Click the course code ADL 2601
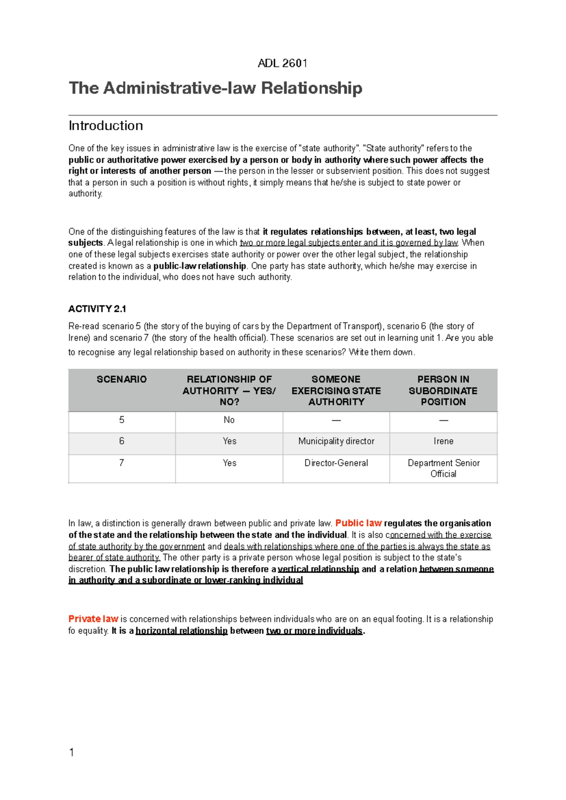[x=283, y=63]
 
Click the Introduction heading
[x=106, y=125]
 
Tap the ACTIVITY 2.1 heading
[x=97, y=309]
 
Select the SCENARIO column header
[x=122, y=379]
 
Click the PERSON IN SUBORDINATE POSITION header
[x=443, y=391]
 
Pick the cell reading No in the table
[x=229, y=420]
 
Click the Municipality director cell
[x=336, y=441]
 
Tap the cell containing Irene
[x=443, y=441]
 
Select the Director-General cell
[x=336, y=463]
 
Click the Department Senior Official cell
[x=443, y=468]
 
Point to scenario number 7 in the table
[x=122, y=463]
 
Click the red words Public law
[x=358, y=523]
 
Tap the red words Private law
[x=93, y=619]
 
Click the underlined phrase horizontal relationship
[x=182, y=631]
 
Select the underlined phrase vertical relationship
[x=318, y=569]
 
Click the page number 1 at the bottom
[x=72, y=752]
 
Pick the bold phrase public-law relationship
[x=200, y=266]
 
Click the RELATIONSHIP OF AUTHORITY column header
[x=229, y=391]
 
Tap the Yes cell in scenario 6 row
[x=229, y=441]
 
